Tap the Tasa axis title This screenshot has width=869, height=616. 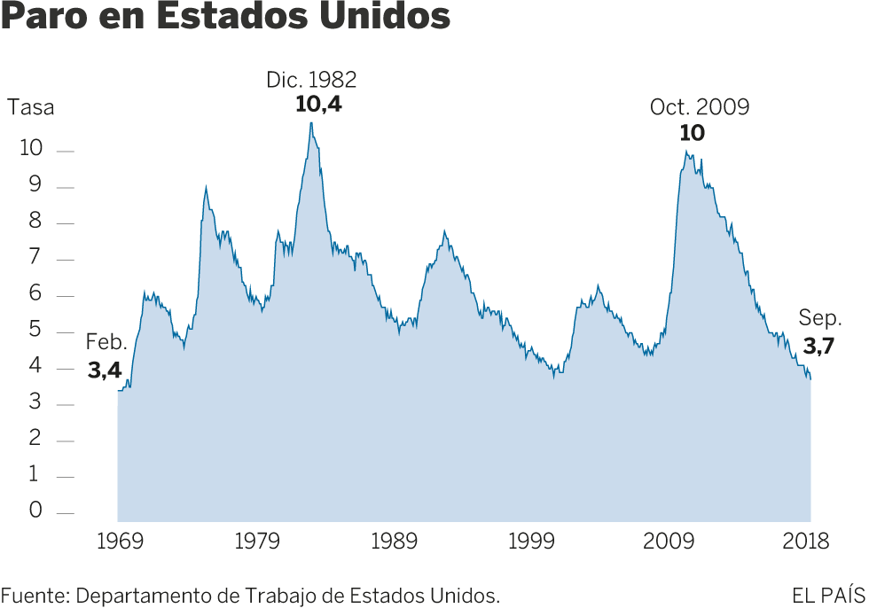(x=31, y=108)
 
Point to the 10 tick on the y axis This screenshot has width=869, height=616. (x=31, y=148)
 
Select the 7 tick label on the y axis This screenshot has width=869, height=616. (x=35, y=257)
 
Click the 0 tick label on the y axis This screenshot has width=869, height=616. (x=35, y=510)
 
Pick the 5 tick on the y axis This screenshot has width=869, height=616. (x=35, y=330)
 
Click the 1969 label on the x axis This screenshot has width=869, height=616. (x=119, y=542)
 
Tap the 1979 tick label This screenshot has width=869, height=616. (x=257, y=542)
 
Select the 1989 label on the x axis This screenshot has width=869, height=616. (x=395, y=542)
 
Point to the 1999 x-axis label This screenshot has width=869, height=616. (x=532, y=542)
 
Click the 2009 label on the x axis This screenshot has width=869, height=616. (x=669, y=542)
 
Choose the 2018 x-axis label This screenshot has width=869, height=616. (x=806, y=542)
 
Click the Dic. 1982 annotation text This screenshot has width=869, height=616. (x=311, y=81)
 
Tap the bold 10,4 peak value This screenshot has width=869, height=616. (x=317, y=105)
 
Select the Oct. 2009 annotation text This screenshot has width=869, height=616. (x=700, y=108)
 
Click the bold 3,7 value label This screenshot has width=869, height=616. (x=818, y=347)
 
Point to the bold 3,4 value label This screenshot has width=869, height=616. (x=104, y=371)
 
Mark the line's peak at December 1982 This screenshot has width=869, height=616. (x=311, y=122)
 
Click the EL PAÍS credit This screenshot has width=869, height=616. (x=827, y=595)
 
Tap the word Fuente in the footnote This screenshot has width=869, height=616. (x=35, y=595)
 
